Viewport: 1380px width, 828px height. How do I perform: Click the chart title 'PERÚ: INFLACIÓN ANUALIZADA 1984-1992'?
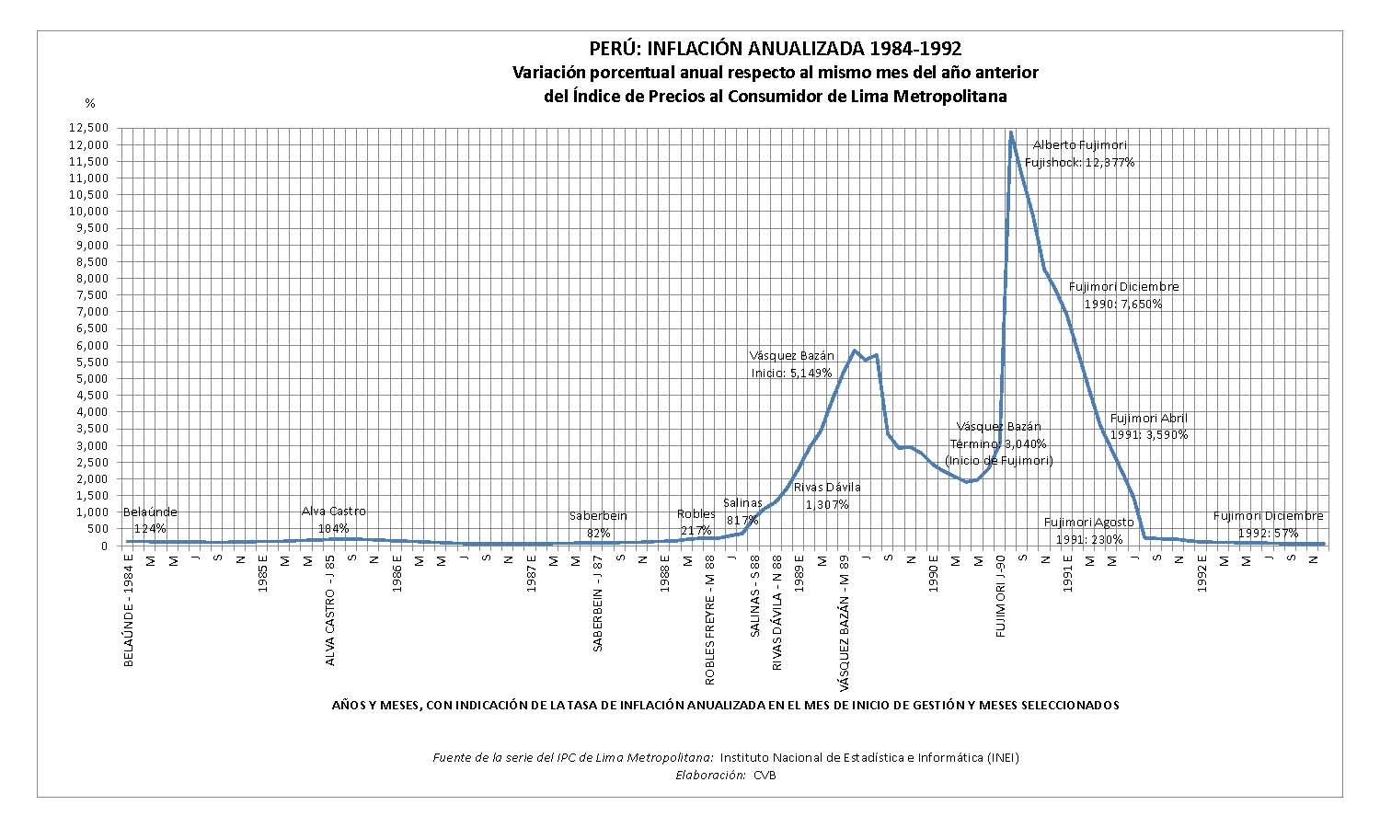[775, 49]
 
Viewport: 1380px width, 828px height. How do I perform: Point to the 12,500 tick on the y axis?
[88, 128]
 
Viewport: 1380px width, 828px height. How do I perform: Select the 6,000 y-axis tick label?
[92, 345]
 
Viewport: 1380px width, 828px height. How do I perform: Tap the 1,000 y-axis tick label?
[92, 512]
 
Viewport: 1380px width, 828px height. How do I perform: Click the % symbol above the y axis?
[90, 103]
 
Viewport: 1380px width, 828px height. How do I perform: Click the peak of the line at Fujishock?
[1010, 132]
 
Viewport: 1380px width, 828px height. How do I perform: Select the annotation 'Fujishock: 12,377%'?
[1079, 163]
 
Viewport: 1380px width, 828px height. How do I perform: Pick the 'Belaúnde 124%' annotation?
[149, 520]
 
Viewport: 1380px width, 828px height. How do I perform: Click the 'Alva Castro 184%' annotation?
[333, 520]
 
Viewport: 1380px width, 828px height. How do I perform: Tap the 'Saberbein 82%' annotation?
[598, 524]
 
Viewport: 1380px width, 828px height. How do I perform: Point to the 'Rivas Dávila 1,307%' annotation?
[827, 496]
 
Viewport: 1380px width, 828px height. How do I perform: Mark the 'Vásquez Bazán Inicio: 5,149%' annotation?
[791, 364]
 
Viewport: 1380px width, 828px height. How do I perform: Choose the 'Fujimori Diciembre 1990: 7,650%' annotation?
[1122, 295]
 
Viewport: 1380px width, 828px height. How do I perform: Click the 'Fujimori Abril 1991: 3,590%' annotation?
[1148, 427]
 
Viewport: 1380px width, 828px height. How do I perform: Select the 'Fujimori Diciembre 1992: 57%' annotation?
[1268, 524]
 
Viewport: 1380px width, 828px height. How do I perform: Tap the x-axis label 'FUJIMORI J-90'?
[1001, 597]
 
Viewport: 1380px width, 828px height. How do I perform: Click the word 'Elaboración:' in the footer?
[709, 775]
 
